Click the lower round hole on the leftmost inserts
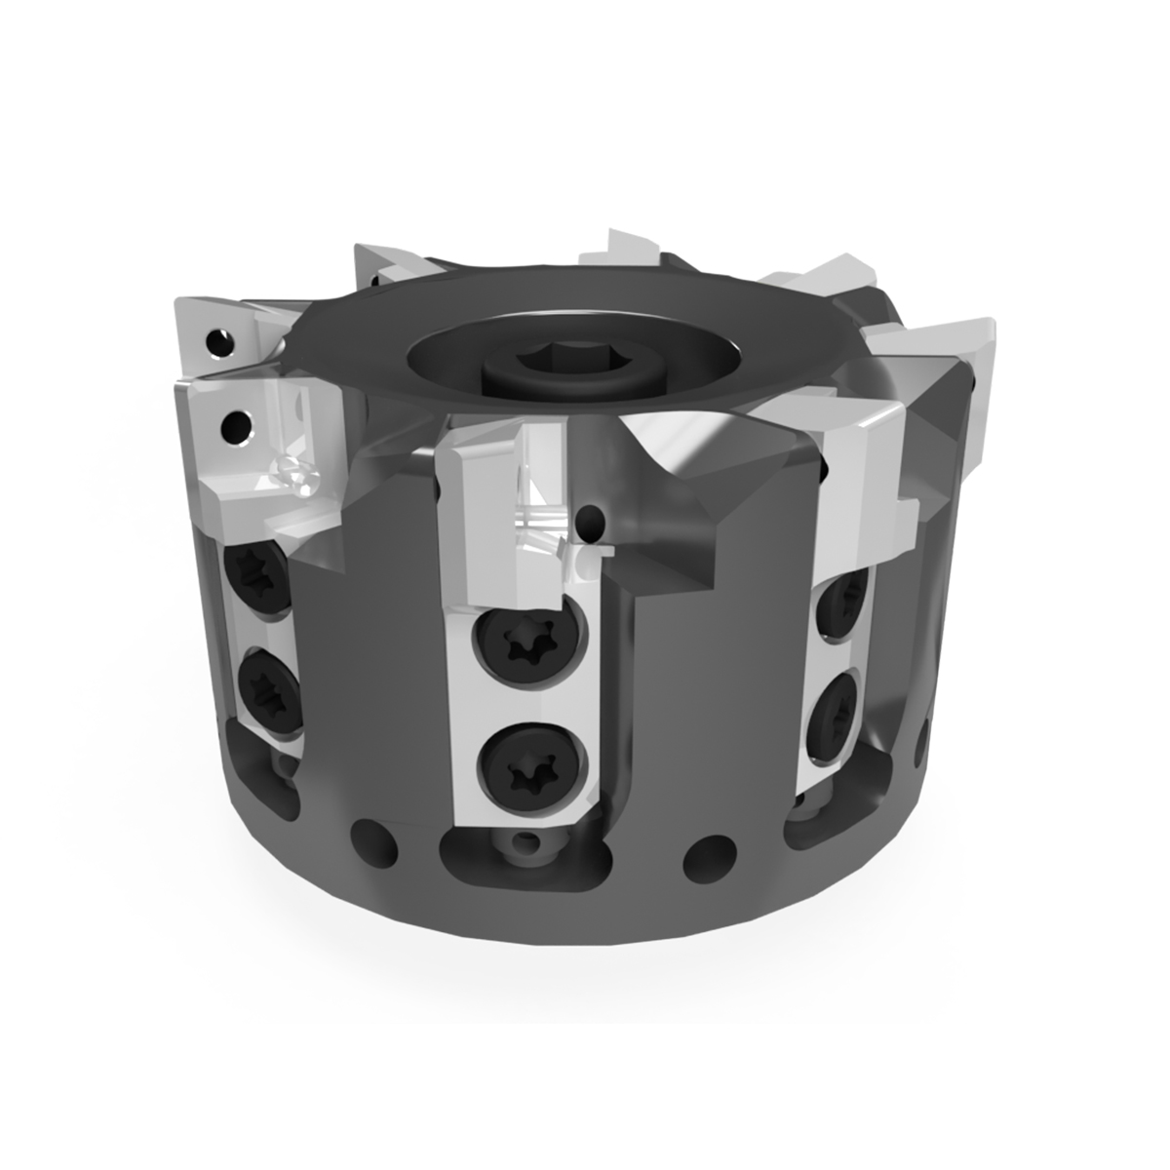(235, 425)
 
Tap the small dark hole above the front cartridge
(590, 523)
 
